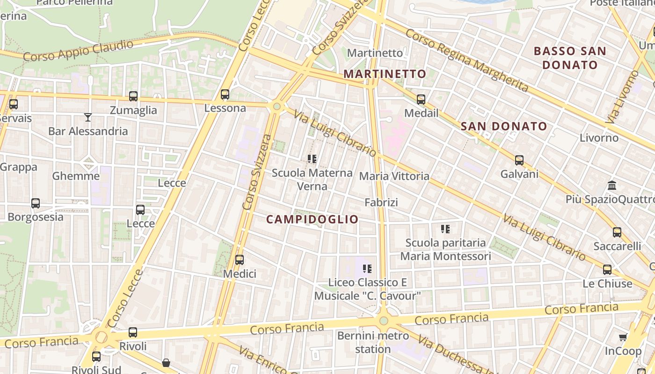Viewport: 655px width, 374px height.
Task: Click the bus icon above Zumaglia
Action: point(133,96)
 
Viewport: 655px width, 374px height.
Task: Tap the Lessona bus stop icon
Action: point(225,94)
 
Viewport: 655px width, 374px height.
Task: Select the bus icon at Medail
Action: point(421,99)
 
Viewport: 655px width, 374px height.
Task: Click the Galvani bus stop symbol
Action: point(519,160)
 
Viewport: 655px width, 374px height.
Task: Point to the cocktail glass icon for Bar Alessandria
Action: point(88,117)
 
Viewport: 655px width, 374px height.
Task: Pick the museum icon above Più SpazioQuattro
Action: point(612,186)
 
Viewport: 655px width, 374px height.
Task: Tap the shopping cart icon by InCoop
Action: point(623,337)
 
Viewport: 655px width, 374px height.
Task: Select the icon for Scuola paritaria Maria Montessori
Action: point(445,229)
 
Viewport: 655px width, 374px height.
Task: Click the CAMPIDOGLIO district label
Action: point(312,219)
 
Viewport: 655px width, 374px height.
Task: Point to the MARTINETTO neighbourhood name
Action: point(385,74)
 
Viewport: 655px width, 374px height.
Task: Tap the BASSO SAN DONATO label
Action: point(570,58)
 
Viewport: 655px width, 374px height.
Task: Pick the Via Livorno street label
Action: point(622,97)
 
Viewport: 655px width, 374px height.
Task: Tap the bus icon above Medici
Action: point(240,260)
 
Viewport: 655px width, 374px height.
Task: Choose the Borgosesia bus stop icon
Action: point(36,203)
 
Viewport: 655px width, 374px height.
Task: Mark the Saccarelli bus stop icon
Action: point(617,232)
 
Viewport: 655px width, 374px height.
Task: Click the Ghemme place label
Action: point(76,176)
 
